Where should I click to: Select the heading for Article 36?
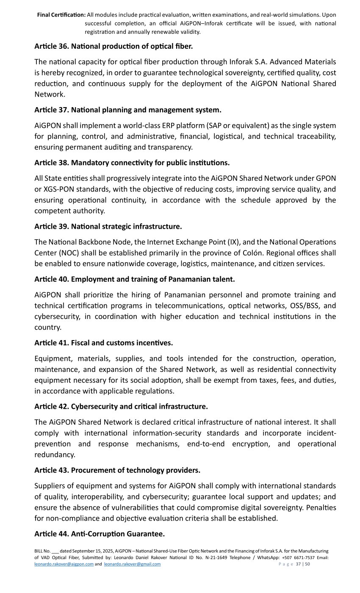pyautogui.click(x=114, y=46)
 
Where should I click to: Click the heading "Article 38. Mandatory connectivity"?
pyautogui.click(x=132, y=163)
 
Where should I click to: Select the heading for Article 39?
pyautogui.click(x=108, y=226)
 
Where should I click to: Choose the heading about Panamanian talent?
pyautogui.click(x=134, y=279)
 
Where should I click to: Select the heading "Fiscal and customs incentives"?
pyautogui.click(x=103, y=343)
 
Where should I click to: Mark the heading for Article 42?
pyautogui.click(x=121, y=407)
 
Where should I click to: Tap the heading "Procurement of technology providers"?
pyautogui.click(x=117, y=470)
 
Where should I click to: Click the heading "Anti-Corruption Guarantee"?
pyautogui.click(x=100, y=534)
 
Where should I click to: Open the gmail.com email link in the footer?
pyautogui.click(x=132, y=564)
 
